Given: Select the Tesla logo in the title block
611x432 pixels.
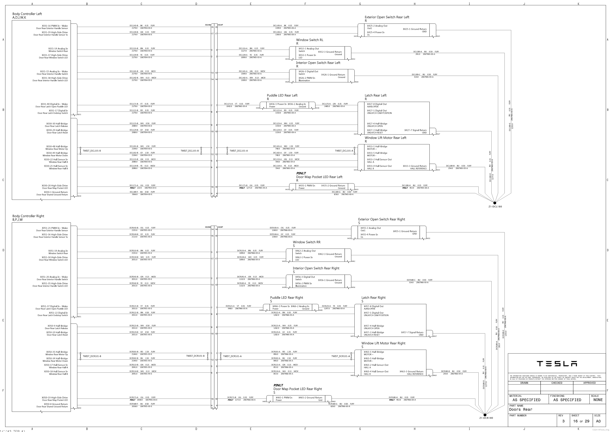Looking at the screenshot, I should click(x=557, y=364).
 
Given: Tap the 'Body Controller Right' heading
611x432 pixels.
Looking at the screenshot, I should click(x=28, y=216).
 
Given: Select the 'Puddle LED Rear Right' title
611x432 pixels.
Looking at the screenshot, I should click(x=287, y=298).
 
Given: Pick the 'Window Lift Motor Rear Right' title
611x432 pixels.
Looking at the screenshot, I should click(x=383, y=343).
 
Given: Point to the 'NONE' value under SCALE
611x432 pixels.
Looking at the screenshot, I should click(x=598, y=400).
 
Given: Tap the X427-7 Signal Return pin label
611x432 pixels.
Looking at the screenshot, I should click(x=415, y=130).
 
